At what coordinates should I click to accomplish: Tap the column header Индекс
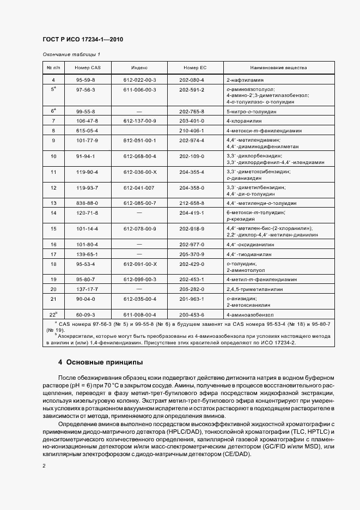[x=140, y=68]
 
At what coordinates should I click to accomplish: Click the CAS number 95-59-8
[x=86, y=80]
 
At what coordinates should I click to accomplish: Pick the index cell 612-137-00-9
[x=140, y=120]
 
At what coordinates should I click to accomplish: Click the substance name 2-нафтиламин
[x=241, y=80]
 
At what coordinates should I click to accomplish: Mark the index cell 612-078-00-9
[x=140, y=229]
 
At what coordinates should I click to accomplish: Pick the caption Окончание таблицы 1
[x=71, y=54]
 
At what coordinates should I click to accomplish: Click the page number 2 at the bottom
[x=44, y=466]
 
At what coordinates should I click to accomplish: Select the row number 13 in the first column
[x=53, y=203]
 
